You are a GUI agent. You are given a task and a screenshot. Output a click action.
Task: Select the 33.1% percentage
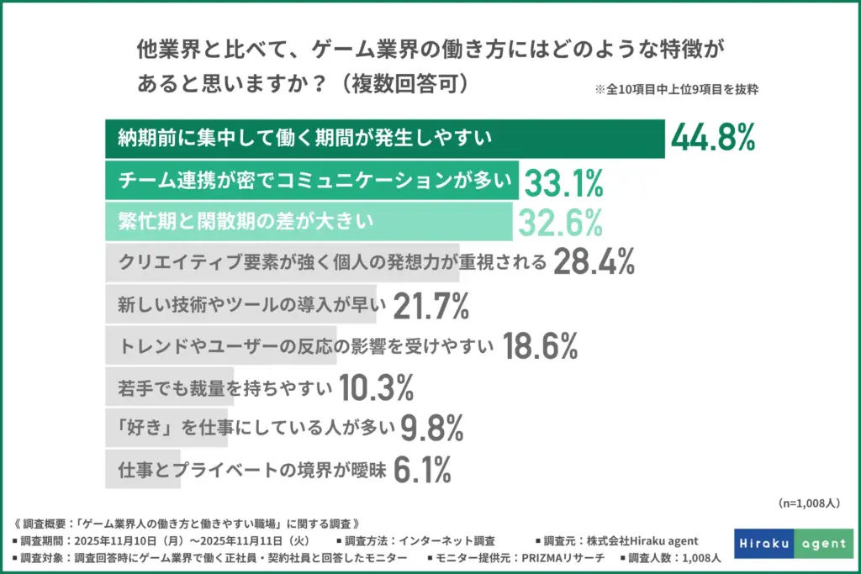coord(563,181)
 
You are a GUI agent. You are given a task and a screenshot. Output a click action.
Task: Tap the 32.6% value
coord(560,222)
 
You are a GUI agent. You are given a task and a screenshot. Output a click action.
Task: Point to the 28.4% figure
coord(594,263)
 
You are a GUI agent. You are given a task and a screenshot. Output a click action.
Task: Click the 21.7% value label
coord(430,305)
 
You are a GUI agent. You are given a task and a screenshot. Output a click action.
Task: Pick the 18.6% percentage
coord(540,345)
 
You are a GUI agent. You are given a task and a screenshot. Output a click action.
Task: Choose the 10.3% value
coord(376,387)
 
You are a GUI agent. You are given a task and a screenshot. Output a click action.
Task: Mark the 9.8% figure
coord(432,429)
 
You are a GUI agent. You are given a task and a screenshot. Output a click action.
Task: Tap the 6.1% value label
coord(423,471)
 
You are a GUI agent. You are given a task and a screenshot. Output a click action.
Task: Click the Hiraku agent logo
coord(793,543)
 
